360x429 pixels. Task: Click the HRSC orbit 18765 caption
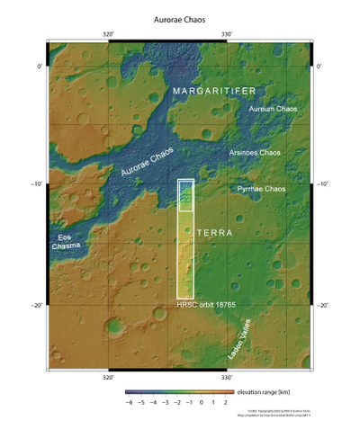click(x=213, y=305)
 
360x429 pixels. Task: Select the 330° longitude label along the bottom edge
click(x=228, y=379)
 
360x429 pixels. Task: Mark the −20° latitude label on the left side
click(x=38, y=306)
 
